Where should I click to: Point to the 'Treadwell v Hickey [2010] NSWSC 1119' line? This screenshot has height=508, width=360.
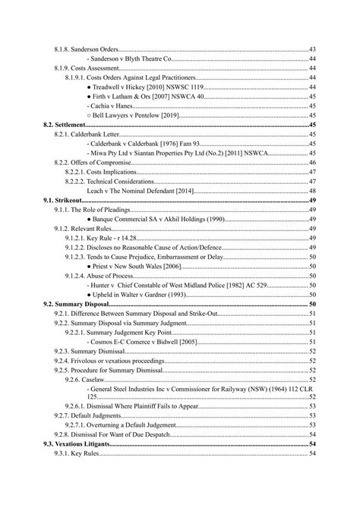click(147, 87)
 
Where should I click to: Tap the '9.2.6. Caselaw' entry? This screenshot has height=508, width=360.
click(90, 378)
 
